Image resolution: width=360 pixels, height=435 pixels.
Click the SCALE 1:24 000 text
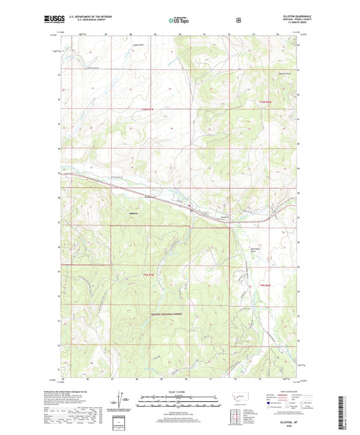(163, 391)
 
